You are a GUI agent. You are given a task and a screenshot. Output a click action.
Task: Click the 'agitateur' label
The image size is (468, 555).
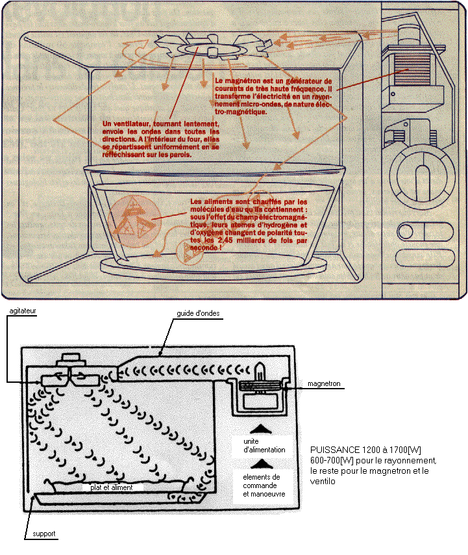tap(21, 312)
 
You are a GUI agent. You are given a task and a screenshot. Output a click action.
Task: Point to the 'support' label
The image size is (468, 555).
tap(44, 534)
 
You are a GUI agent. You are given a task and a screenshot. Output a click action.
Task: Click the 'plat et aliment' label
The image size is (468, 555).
tap(109, 487)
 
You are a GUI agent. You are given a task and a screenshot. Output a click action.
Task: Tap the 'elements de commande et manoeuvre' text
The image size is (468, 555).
tap(260, 485)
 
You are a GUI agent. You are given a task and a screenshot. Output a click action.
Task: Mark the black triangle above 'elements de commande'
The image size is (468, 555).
tap(259, 463)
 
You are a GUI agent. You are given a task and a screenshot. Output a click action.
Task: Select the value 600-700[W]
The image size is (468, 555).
tap(332, 460)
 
